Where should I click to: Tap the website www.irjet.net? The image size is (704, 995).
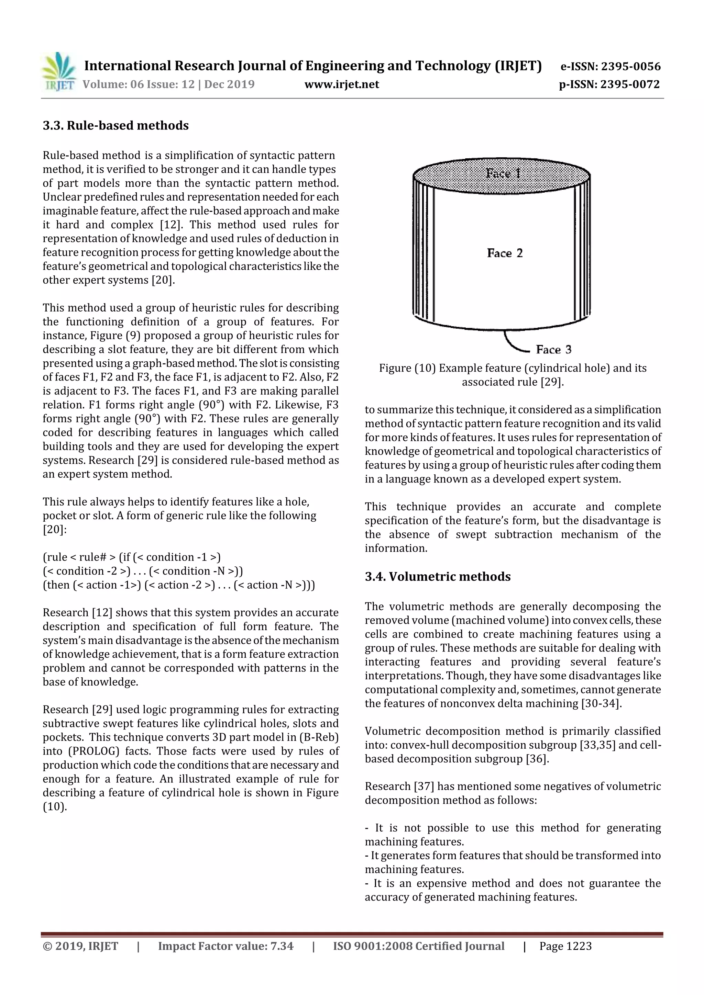[x=341, y=84]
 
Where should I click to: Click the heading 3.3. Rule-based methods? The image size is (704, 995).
[x=115, y=126]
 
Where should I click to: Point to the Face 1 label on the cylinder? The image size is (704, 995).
[x=503, y=173]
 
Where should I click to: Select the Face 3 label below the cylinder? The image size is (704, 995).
[x=553, y=349]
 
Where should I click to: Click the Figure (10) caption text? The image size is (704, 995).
[x=512, y=374]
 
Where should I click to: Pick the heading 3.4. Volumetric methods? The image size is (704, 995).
[x=437, y=576]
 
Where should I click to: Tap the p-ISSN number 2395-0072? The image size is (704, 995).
[x=629, y=84]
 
